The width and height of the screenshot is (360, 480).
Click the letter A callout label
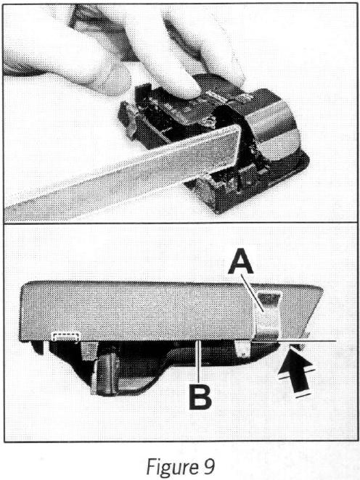point(241,261)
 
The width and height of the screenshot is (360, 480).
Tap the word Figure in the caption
point(171,466)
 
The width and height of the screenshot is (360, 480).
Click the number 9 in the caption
point(208,466)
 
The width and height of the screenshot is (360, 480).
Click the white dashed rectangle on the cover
point(66,336)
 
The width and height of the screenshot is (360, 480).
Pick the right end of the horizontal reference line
point(336,341)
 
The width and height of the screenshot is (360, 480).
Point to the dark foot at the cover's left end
point(37,347)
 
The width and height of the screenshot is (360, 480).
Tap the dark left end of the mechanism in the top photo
point(126,118)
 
